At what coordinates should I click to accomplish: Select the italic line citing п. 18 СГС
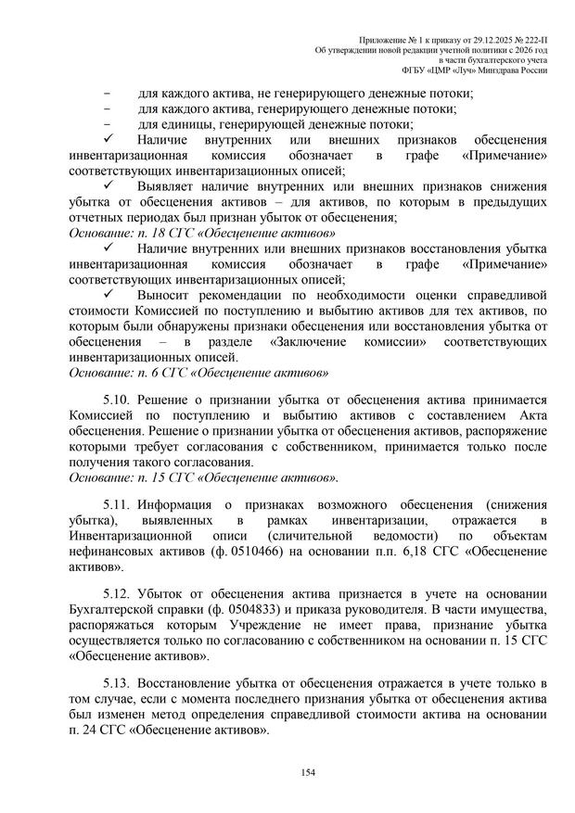click(202, 233)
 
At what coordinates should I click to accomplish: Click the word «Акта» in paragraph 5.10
click(526, 414)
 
